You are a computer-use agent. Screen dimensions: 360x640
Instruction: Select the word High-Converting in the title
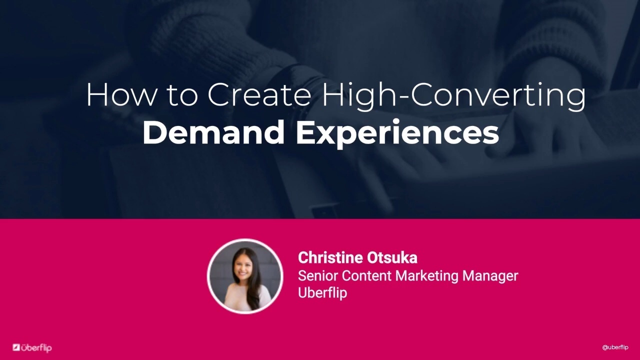point(453,95)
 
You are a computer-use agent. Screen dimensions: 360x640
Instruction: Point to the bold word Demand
point(213,132)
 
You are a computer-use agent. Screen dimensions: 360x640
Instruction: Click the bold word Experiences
point(397,133)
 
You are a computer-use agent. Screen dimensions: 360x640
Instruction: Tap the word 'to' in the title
point(182,95)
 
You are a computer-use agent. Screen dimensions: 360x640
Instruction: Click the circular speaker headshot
point(245,276)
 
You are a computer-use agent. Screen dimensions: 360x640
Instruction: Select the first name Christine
point(330,257)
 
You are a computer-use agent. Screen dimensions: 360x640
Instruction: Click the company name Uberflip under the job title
point(322,292)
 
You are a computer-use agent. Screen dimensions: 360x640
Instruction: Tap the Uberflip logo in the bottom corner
point(32,347)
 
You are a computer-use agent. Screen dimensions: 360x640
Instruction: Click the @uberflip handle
point(615,347)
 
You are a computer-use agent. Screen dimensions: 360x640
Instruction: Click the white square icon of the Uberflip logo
point(16,347)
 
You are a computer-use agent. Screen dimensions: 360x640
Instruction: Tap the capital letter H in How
point(96,94)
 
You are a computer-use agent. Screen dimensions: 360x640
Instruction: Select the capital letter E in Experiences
point(305,132)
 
